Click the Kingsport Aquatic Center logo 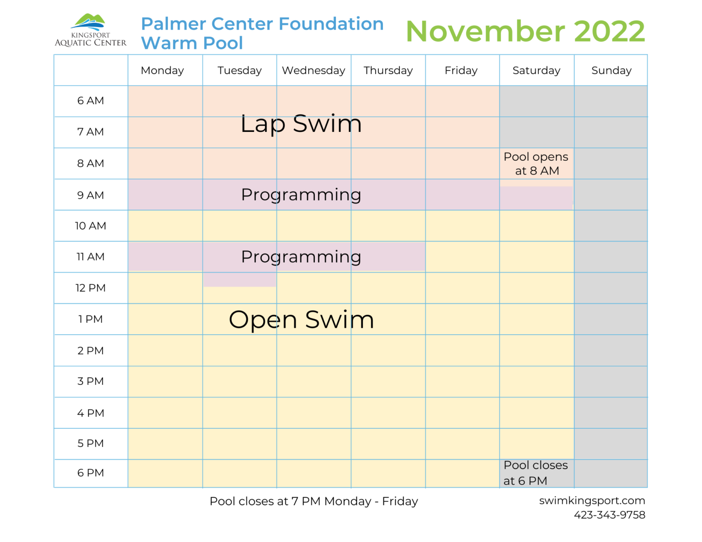coord(90,31)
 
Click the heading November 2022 coord(525,32)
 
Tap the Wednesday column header coord(314,70)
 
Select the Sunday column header coord(611,70)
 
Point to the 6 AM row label coord(90,101)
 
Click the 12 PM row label coord(90,288)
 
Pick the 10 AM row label coord(90,226)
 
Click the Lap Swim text coord(301,124)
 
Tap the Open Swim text coord(301,320)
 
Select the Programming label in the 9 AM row coord(301,195)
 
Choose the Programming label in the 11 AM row coord(301,257)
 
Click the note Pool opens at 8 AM coord(536,163)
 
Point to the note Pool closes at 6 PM coord(535,473)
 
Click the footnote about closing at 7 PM coord(314,501)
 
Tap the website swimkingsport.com coord(592,500)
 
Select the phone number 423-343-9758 coord(609,515)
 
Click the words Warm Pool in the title coord(192,43)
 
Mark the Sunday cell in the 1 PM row coord(611,319)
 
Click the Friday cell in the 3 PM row coord(462,381)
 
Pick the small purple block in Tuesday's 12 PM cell coord(239,280)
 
